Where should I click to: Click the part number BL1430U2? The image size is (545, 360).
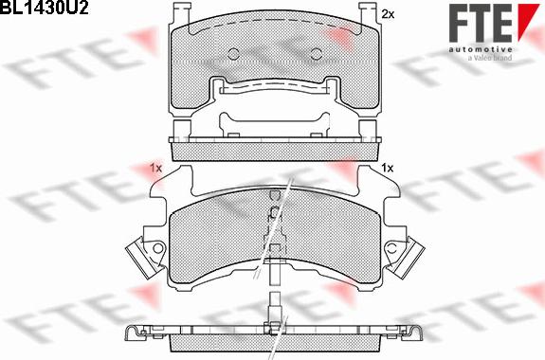[45, 8]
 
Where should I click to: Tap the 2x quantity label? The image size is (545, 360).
[388, 14]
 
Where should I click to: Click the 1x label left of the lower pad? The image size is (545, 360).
[156, 169]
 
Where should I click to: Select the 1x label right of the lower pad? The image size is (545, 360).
[388, 169]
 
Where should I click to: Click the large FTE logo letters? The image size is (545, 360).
[480, 23]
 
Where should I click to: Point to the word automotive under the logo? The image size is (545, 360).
[480, 49]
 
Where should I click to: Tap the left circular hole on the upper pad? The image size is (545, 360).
[233, 53]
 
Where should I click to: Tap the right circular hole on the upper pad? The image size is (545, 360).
[316, 53]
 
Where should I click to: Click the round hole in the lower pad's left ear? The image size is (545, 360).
[157, 248]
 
